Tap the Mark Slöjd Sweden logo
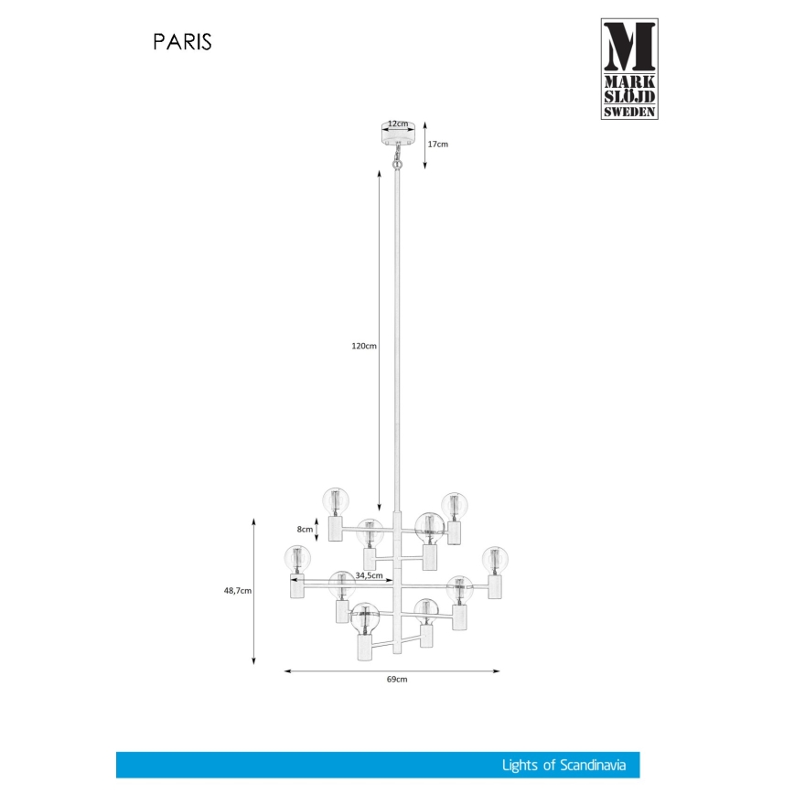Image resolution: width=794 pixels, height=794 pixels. pos(629,69)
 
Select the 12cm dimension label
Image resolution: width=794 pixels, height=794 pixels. pos(397,123)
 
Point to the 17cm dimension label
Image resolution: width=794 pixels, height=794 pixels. pos(438,145)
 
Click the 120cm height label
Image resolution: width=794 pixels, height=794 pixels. pos(364,347)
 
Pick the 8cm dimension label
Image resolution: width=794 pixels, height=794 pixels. pos(306,529)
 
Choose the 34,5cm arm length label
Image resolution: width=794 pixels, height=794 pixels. pos(368,575)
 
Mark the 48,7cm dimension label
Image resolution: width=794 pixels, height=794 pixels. pos(238,591)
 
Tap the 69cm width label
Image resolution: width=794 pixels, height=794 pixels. pos(396,680)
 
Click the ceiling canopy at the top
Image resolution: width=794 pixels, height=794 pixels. pos(397,134)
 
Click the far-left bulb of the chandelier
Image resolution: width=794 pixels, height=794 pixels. pos(297,557)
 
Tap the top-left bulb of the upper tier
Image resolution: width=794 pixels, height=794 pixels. pos(336,500)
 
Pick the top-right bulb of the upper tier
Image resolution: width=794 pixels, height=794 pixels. pos(455,504)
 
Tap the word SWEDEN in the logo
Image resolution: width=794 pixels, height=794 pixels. pos(629,112)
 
